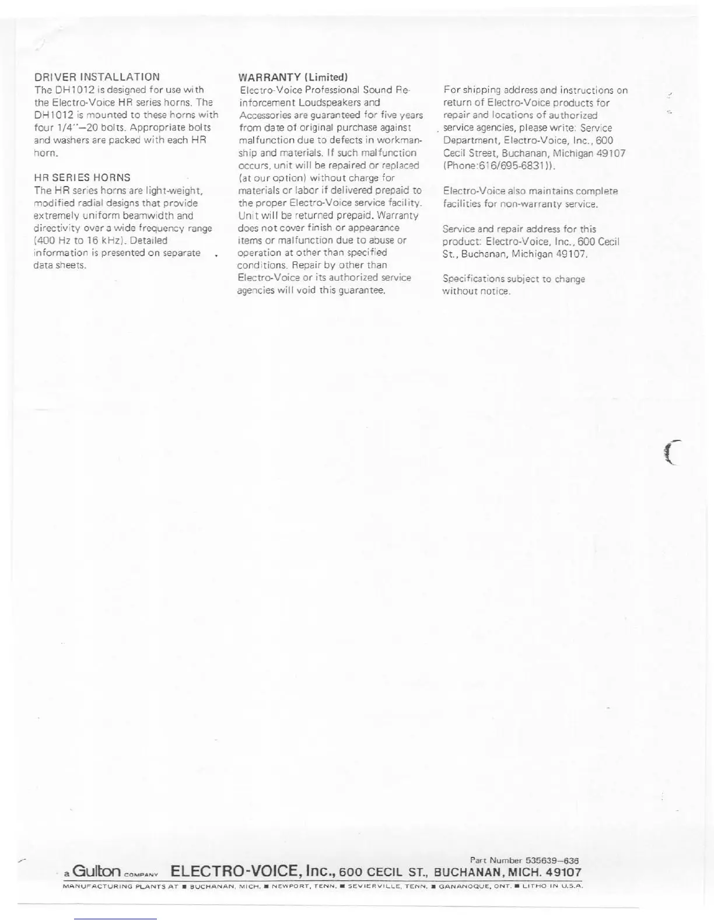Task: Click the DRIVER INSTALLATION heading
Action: tap(97, 77)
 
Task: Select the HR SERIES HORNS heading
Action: tap(82, 178)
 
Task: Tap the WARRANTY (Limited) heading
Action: tap(293, 77)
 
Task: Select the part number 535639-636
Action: tap(552, 860)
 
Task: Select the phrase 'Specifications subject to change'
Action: tap(513, 279)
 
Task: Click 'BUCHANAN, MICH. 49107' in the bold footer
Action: tap(508, 873)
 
